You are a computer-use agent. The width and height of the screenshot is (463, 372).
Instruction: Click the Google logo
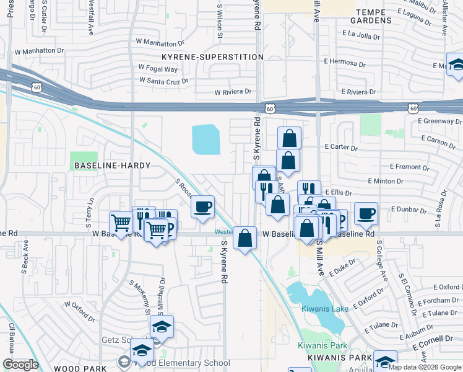[20, 365]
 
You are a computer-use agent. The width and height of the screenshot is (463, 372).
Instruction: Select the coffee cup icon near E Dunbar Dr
[366, 213]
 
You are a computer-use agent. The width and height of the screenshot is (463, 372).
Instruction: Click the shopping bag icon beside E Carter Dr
[288, 137]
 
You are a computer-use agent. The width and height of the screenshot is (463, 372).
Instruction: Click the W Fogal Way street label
[157, 69]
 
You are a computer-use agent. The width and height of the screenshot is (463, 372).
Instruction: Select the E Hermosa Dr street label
[348, 63]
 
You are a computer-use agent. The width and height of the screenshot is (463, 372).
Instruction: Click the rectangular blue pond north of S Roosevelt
[206, 139]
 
